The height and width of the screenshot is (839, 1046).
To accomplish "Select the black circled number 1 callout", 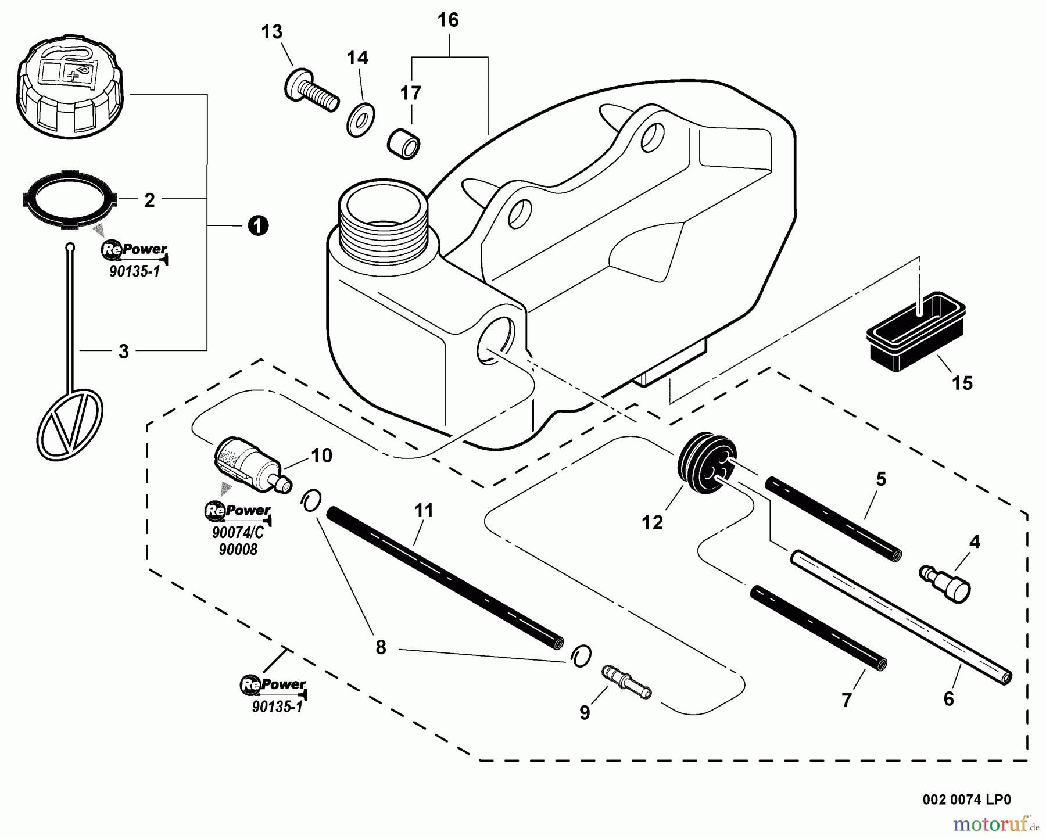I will [x=258, y=225].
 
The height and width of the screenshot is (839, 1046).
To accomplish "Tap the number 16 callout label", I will [x=448, y=20].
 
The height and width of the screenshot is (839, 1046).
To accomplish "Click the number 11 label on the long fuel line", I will [x=424, y=511].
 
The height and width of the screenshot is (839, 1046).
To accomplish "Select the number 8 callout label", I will [x=381, y=647].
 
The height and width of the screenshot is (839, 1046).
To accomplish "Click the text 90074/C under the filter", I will [x=238, y=532].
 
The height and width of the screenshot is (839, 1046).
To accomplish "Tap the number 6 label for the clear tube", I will [x=948, y=698].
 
